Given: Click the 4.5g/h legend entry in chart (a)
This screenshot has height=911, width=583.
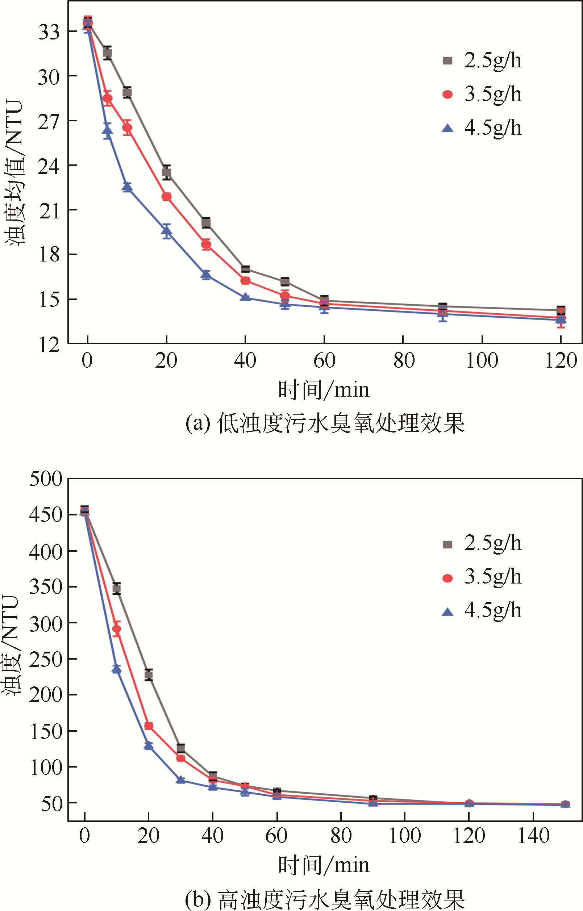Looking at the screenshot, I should [x=482, y=128].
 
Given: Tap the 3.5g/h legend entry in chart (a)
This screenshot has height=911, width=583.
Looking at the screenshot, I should [x=482, y=94].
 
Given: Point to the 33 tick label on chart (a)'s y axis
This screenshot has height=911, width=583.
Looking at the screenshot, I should [x=49, y=32].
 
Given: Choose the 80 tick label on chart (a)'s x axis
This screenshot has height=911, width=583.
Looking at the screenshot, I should [x=404, y=360].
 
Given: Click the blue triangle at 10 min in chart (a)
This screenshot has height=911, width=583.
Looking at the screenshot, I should [x=127, y=187].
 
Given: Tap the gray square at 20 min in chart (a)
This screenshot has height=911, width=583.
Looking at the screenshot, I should [x=167, y=172].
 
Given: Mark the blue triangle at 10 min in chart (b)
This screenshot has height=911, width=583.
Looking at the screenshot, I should [x=117, y=669].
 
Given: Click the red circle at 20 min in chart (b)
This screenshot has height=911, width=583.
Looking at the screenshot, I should [x=149, y=726].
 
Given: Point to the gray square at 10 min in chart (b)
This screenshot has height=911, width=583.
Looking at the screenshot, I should [x=117, y=588].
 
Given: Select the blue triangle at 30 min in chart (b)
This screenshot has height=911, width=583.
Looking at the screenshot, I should [x=180, y=780].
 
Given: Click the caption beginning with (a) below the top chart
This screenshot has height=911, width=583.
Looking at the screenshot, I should [x=324, y=423].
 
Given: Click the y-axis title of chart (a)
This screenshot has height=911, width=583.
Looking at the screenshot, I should [x=15, y=172].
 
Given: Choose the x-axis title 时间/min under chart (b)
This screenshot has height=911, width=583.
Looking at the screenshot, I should [x=324, y=865].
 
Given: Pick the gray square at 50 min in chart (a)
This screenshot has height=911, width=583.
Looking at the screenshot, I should [x=285, y=281].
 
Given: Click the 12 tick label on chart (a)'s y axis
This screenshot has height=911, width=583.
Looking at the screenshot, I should [x=49, y=345].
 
